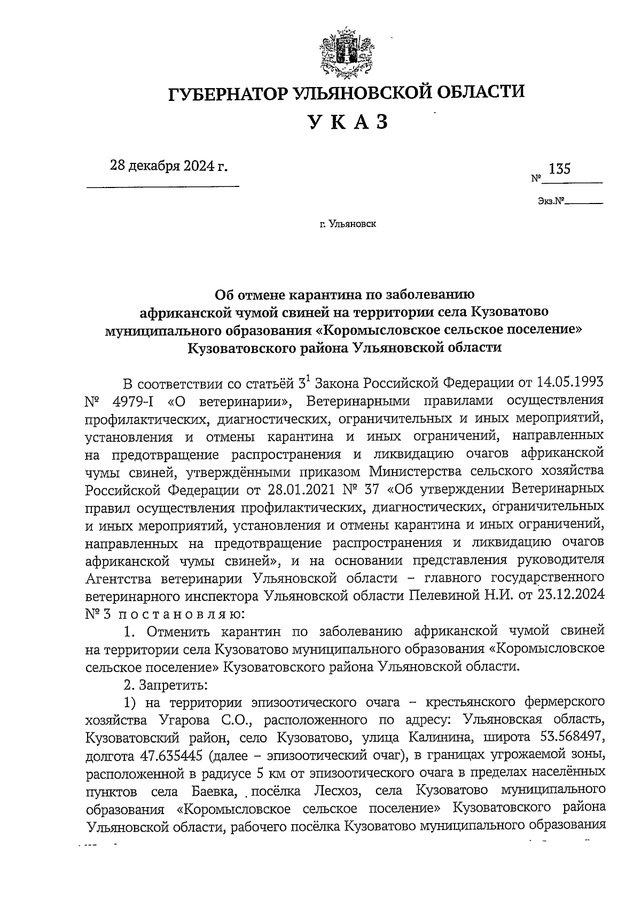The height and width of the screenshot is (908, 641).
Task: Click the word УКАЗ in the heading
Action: (x=347, y=123)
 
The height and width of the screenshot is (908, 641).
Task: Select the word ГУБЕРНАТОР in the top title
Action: (x=229, y=93)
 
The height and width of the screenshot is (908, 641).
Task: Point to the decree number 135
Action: (x=559, y=169)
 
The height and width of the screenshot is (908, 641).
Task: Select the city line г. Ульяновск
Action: (x=348, y=225)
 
